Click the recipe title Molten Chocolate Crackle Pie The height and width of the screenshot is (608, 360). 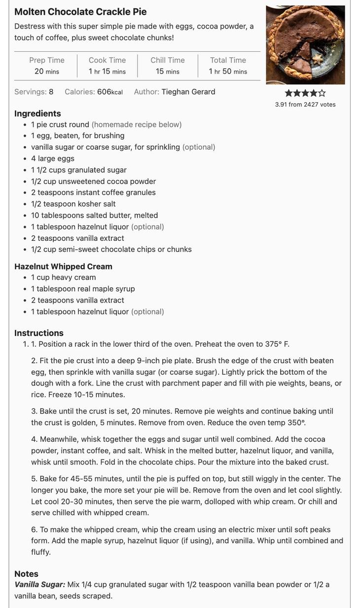click(80, 12)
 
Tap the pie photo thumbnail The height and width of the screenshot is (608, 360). click(305, 45)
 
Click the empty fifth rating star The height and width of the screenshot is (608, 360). click(322, 93)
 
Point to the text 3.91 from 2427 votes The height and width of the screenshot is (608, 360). click(305, 105)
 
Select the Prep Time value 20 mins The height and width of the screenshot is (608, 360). click(47, 72)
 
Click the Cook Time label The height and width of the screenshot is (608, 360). click(107, 60)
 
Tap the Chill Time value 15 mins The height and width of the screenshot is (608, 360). click(168, 72)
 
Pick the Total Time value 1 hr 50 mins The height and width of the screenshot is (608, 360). click(228, 72)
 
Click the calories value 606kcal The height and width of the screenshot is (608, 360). click(109, 92)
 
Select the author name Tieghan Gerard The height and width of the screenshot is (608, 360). click(188, 92)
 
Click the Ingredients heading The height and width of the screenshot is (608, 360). click(37, 114)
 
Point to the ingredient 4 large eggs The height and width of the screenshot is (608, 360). click(53, 158)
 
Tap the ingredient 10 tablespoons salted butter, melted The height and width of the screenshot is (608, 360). click(95, 215)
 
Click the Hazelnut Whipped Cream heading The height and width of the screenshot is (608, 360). click(63, 266)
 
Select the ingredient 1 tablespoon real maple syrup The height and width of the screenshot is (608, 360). click(83, 289)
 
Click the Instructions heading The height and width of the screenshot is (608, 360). click(39, 333)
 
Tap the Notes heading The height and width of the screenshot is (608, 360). click(26, 574)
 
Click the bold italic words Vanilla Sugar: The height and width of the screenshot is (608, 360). click(39, 585)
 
